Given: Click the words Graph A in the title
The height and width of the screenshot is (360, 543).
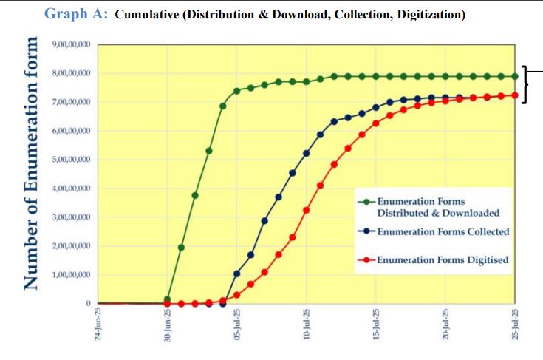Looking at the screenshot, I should [77, 14].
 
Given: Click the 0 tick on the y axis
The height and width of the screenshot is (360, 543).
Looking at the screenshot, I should [88, 304].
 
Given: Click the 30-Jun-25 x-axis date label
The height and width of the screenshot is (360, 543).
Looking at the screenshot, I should [168, 325].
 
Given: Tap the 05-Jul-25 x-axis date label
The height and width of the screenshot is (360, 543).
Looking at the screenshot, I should [237, 325].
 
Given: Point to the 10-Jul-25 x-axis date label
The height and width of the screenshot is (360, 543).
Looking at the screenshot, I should [307, 325].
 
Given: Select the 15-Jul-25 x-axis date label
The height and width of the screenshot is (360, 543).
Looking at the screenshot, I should [376, 325].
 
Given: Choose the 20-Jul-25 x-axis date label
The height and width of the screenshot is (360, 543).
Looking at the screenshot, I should [445, 325].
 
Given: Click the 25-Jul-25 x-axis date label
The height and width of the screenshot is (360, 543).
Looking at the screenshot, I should [515, 325].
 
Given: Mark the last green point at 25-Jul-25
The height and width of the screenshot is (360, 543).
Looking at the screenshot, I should [515, 76].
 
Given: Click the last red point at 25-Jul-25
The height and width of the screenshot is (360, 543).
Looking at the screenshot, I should [515, 95].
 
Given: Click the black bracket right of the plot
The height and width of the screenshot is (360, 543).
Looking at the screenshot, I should [525, 84].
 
